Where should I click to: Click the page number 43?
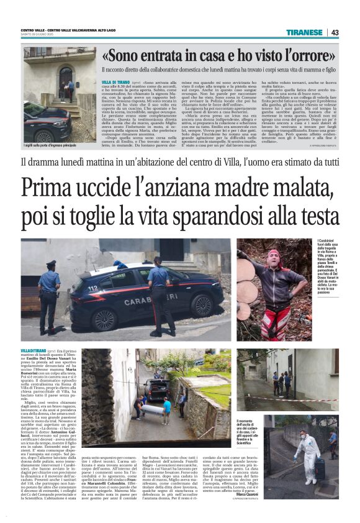[334, 32]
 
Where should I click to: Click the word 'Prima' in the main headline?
[49, 187]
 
